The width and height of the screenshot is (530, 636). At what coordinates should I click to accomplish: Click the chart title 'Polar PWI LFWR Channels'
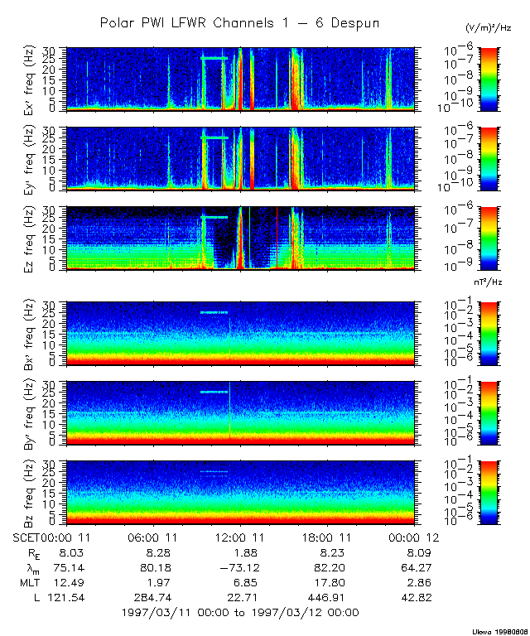[239, 23]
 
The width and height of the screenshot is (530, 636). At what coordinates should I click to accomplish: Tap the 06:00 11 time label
[151, 538]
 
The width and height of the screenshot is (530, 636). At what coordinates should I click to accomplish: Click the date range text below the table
[239, 612]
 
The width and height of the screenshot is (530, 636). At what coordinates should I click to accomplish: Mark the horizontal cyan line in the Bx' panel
[214, 312]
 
